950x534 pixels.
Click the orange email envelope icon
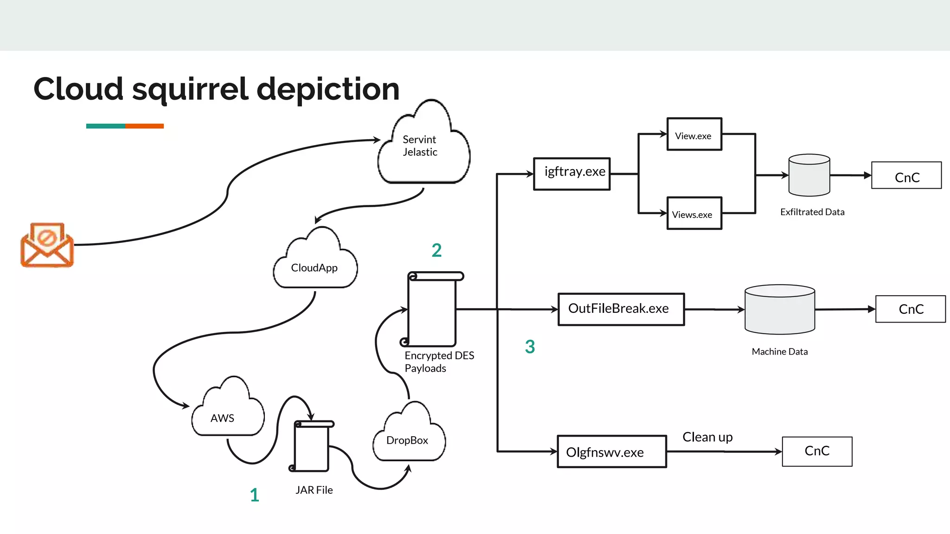pyautogui.click(x=47, y=245)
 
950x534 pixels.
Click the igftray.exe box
pyautogui.click(x=571, y=174)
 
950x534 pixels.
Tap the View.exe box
pyautogui.click(x=694, y=134)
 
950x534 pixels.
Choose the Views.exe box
pyautogui.click(x=694, y=213)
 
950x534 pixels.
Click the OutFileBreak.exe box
pyautogui.click(x=621, y=309)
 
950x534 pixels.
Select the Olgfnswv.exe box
pyautogui.click(x=611, y=451)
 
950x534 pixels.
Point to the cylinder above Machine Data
pyautogui.click(x=779, y=310)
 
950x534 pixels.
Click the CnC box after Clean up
pyautogui.click(x=817, y=451)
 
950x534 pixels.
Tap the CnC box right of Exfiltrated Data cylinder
pyautogui.click(x=906, y=176)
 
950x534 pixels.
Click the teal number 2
pyautogui.click(x=436, y=250)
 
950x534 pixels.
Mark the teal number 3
pyautogui.click(x=530, y=347)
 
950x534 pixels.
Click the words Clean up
pyautogui.click(x=707, y=437)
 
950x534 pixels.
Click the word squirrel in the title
pyautogui.click(x=190, y=89)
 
